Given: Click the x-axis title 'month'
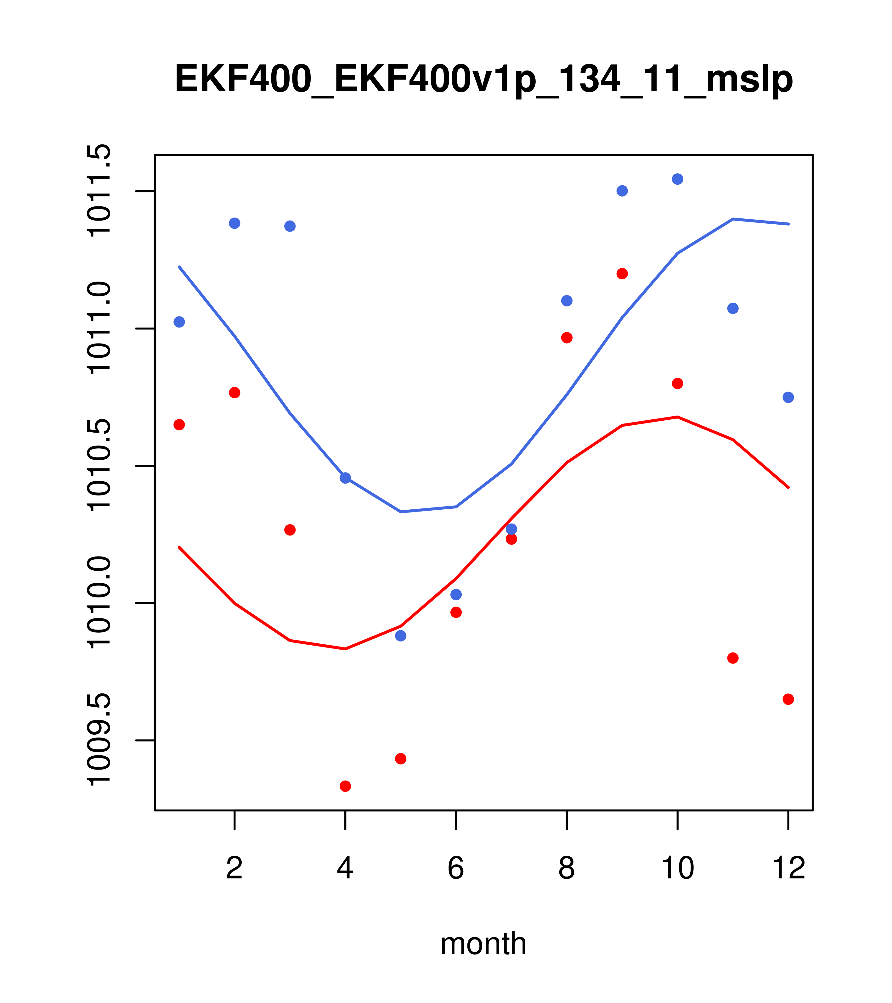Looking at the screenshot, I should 483,943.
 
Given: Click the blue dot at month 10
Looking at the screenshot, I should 677,179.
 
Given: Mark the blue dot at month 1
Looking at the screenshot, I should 179,322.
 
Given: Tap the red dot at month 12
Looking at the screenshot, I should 788,699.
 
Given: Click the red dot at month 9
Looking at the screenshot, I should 622,274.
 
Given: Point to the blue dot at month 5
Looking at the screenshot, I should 401,636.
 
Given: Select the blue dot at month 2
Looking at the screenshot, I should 235,223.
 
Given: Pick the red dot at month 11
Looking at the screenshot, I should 733,658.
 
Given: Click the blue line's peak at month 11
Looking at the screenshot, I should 733,219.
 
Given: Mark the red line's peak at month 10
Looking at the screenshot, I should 677,417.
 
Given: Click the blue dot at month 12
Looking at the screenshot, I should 788,397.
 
